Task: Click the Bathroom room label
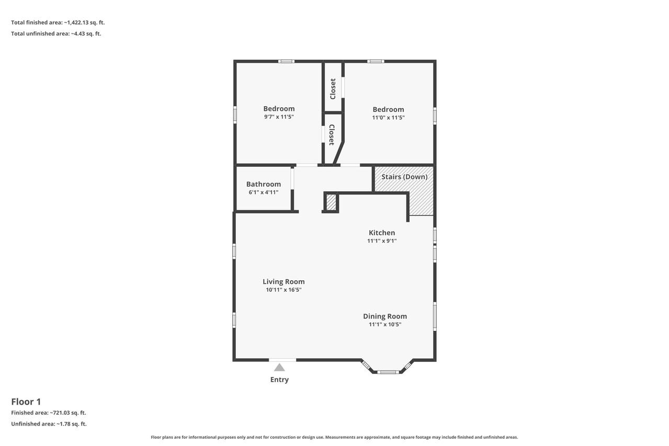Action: (264, 184)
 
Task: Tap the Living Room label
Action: (284, 281)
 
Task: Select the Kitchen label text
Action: (382, 233)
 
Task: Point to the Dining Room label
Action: (384, 316)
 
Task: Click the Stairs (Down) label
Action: (404, 177)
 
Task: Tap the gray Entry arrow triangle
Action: (279, 367)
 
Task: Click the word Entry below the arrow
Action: (279, 380)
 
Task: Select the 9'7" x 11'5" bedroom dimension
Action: (279, 117)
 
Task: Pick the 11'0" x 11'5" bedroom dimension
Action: (388, 118)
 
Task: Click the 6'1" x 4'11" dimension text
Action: (264, 192)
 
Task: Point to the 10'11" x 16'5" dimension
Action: (284, 290)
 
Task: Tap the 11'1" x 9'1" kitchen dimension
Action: (382, 241)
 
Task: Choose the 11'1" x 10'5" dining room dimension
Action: (384, 324)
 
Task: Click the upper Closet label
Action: (333, 89)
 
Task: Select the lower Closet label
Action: (332, 135)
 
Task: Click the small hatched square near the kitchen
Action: (331, 202)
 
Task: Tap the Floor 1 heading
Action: (26, 402)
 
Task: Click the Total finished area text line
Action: (58, 22)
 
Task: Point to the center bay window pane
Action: (388, 372)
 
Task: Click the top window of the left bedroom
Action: (286, 62)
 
